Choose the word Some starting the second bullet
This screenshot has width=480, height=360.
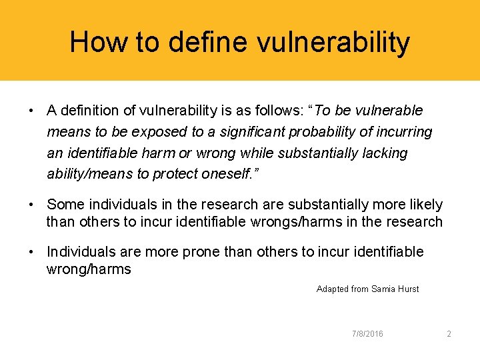tap(64, 205)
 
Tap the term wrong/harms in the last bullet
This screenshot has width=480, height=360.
tap(89, 269)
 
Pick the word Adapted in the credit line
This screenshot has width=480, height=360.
tap(332, 289)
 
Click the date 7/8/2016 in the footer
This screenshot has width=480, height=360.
tap(367, 334)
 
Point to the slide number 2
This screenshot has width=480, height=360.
tap(449, 334)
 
